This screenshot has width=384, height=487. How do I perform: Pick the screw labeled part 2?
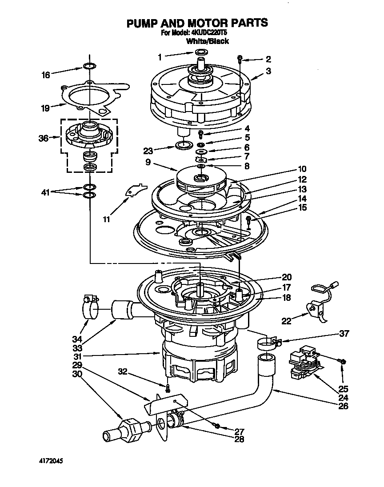[240, 58]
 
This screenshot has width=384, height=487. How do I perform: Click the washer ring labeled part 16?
[89, 67]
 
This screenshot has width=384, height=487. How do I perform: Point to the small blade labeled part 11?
[134, 190]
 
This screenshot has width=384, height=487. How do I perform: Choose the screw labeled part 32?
[167, 387]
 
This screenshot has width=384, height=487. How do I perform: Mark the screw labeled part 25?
[343, 362]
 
